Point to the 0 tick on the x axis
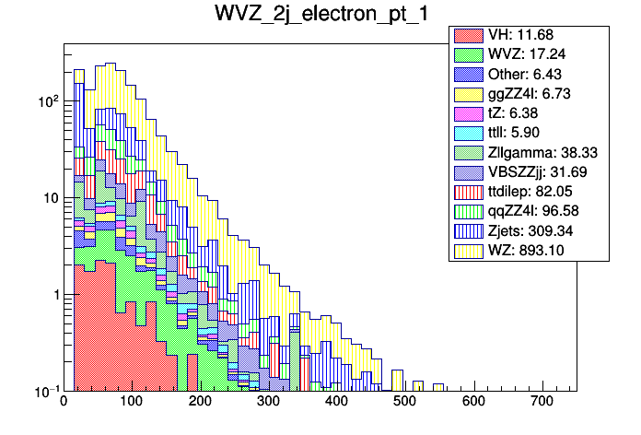coord(64,402)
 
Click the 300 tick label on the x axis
coord(268,402)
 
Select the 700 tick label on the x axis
coord(542,402)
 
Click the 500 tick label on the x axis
coord(405,402)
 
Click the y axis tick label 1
coord(52,295)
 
